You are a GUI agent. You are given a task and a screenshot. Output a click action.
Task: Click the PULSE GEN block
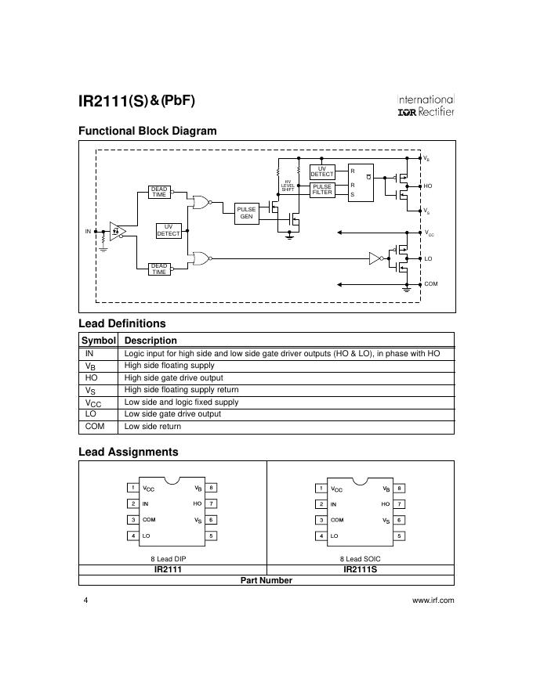coord(246,213)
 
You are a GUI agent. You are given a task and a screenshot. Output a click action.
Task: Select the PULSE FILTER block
coord(322,189)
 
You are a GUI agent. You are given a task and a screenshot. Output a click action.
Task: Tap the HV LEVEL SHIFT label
coord(288,186)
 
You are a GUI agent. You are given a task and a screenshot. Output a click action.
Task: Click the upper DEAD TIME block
coord(159,192)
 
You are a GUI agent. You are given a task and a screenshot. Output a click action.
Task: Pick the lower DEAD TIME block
coord(159,269)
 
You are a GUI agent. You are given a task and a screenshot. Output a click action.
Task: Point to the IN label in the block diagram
coord(88,231)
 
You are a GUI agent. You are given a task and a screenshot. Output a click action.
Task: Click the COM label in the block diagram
coord(431,284)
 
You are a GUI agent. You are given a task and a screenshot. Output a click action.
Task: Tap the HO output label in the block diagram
coord(428,186)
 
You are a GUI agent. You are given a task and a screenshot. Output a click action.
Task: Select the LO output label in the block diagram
coord(428,258)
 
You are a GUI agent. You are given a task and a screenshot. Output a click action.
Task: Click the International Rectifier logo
coord(426,106)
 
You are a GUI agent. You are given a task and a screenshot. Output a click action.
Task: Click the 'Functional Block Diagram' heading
coord(147,131)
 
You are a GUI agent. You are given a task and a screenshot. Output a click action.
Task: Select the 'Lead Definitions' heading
coord(121,323)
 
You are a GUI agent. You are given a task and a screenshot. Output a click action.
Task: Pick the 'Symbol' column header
coord(99,341)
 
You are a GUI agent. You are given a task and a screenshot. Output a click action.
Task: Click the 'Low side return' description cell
coord(153,426)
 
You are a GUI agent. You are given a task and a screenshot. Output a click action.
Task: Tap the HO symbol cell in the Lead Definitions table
coord(92,377)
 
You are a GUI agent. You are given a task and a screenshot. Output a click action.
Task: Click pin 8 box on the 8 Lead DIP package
coord(211,487)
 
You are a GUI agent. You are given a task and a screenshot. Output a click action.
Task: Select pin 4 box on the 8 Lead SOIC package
coord(321,536)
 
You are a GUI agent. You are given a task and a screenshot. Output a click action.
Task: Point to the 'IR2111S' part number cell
coord(361,569)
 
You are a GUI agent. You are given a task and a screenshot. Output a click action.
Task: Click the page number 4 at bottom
coord(85,601)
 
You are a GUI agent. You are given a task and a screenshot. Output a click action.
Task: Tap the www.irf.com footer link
coord(433,601)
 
